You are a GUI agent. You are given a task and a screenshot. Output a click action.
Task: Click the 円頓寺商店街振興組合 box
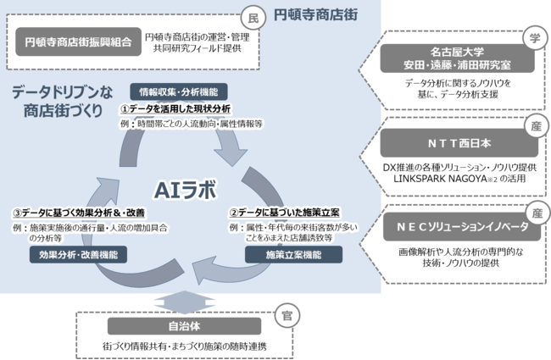(78, 42)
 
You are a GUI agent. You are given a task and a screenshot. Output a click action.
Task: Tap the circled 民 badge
(253, 18)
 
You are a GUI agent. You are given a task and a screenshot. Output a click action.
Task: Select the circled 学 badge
(535, 37)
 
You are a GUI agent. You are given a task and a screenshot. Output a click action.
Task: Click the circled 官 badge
(287, 316)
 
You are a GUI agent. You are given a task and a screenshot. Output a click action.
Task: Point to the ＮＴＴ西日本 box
(459, 143)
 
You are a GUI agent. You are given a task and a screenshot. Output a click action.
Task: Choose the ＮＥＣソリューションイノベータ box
(462, 227)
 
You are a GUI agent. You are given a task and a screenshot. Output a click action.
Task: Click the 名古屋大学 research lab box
(457, 58)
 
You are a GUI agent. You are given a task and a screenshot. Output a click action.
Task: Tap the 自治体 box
(184, 326)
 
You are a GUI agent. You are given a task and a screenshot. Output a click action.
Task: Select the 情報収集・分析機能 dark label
(179, 92)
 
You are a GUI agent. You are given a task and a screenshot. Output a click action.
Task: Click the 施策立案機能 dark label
(293, 255)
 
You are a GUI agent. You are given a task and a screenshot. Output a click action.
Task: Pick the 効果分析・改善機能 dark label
(78, 255)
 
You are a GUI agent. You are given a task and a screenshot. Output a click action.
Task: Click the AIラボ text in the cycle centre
(185, 190)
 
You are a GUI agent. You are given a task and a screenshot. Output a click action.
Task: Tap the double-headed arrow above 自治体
(184, 302)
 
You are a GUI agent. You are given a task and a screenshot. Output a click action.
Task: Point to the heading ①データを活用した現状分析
(175, 109)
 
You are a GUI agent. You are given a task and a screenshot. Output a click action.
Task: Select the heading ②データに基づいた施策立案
(284, 213)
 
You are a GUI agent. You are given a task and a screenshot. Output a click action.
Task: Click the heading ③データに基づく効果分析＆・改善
(79, 213)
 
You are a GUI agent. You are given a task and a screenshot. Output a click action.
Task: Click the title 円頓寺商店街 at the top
(315, 14)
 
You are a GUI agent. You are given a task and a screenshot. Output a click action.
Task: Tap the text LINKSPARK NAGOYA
(440, 179)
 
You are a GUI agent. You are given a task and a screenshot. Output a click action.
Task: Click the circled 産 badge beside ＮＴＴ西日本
(536, 125)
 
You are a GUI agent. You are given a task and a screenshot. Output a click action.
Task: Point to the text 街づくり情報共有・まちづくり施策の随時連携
(184, 346)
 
